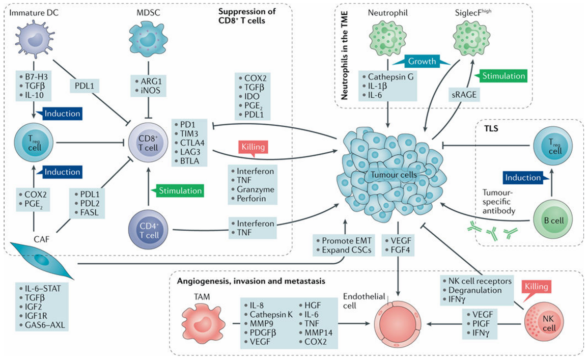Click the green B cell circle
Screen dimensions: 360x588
[x=550, y=221]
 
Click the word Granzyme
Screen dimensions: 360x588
[x=251, y=189]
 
